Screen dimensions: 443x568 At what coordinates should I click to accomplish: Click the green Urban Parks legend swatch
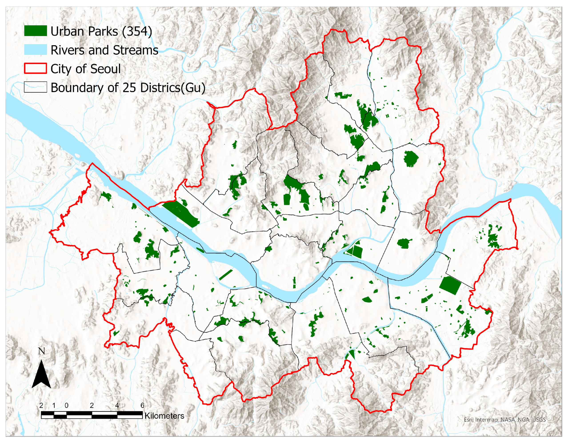coord(35,31)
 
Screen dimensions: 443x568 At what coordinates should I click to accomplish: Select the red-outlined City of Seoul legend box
coord(35,68)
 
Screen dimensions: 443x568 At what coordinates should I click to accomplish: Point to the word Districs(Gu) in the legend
coord(173,88)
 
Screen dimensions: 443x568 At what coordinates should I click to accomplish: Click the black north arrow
coord(41,375)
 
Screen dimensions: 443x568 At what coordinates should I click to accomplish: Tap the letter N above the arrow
coord(42,351)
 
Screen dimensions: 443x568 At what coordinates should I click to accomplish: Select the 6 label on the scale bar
coord(142,405)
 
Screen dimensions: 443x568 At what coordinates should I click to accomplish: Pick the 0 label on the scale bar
coord(67,405)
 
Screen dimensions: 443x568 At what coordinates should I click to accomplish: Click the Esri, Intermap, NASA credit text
coord(504,420)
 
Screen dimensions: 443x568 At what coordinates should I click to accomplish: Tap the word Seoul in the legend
coord(105,69)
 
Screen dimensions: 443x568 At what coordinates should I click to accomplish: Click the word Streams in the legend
coord(136,50)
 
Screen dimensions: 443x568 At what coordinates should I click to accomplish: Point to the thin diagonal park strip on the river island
coord(226,275)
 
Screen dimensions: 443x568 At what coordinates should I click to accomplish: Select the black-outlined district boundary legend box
coord(35,87)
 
